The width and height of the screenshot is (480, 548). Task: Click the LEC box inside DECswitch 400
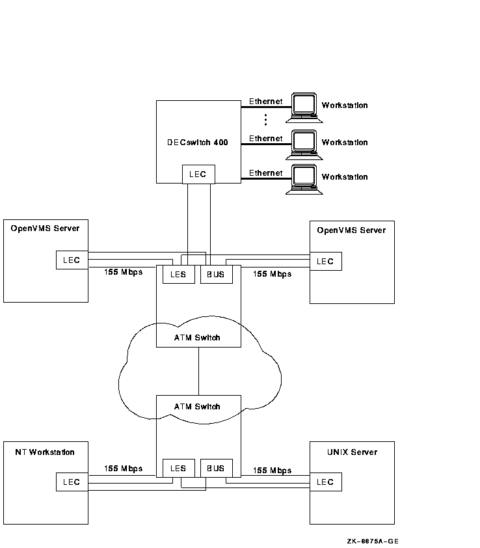click(x=198, y=174)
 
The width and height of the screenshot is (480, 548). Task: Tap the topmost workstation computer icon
click(x=304, y=106)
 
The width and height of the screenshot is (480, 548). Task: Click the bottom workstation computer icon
click(x=304, y=178)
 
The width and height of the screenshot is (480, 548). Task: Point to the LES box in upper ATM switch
click(x=178, y=274)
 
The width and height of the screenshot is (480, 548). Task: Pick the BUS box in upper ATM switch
click(x=216, y=274)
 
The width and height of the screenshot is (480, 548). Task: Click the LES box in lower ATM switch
click(x=178, y=468)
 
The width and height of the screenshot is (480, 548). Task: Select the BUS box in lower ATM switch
click(x=216, y=468)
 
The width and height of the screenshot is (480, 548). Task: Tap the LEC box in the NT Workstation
click(x=72, y=482)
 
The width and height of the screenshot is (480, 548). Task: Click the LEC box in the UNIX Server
click(x=325, y=482)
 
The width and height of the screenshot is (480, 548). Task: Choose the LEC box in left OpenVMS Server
click(x=72, y=260)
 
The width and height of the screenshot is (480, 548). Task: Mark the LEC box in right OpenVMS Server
click(x=325, y=261)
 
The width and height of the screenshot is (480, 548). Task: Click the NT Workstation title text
click(x=45, y=452)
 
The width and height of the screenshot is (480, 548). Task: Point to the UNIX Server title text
click(x=352, y=452)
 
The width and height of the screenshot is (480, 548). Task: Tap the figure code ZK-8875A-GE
click(x=373, y=541)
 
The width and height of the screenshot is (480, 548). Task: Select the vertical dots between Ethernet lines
click(x=265, y=120)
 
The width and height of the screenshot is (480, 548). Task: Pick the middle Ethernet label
click(x=266, y=139)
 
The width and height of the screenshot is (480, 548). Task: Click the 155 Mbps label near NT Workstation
click(x=123, y=469)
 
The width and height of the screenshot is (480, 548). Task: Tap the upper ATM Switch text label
click(x=198, y=338)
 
